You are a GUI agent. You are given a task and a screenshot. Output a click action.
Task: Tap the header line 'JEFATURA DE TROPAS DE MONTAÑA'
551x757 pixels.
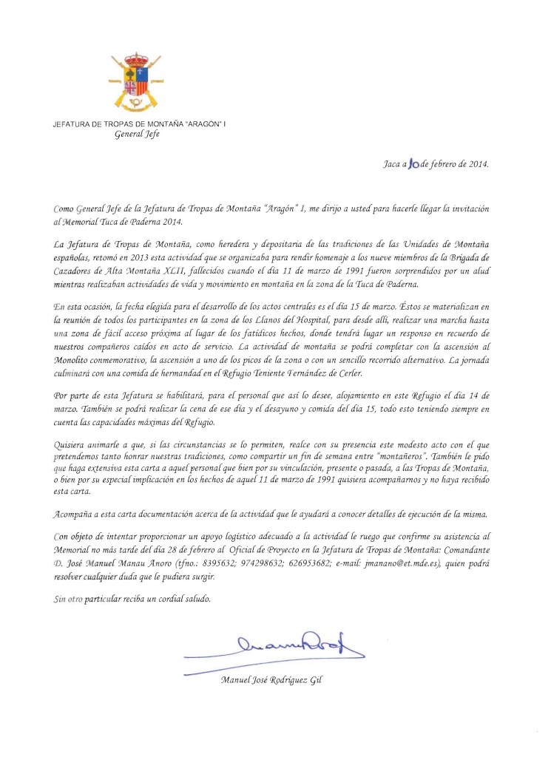point(138,124)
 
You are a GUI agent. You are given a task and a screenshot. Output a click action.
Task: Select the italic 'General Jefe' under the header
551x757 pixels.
point(137,135)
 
